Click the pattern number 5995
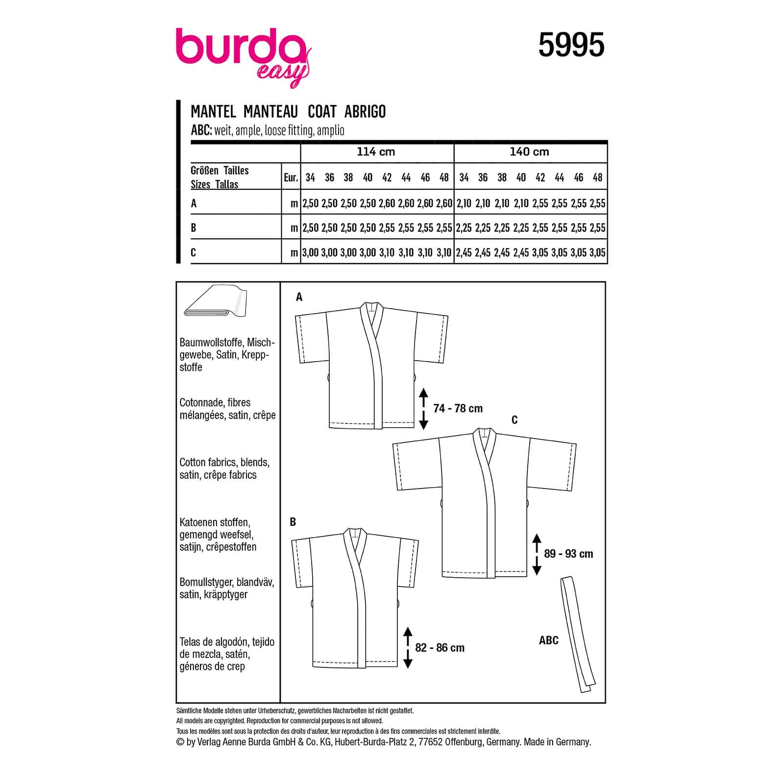[x=571, y=46]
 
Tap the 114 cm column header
[x=376, y=152]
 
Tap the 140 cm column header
[x=529, y=152]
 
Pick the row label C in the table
[x=194, y=252]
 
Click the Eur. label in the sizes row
[x=291, y=177]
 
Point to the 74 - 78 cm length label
[x=458, y=408]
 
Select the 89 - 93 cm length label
[x=568, y=554]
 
